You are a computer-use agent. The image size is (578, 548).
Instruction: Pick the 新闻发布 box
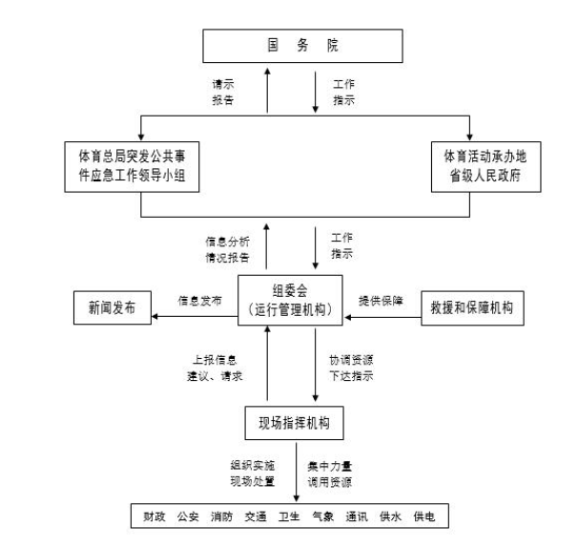[x=113, y=308]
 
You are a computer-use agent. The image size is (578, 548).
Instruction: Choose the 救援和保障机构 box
[x=473, y=308]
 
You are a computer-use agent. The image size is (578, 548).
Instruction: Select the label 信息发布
[x=199, y=300]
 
